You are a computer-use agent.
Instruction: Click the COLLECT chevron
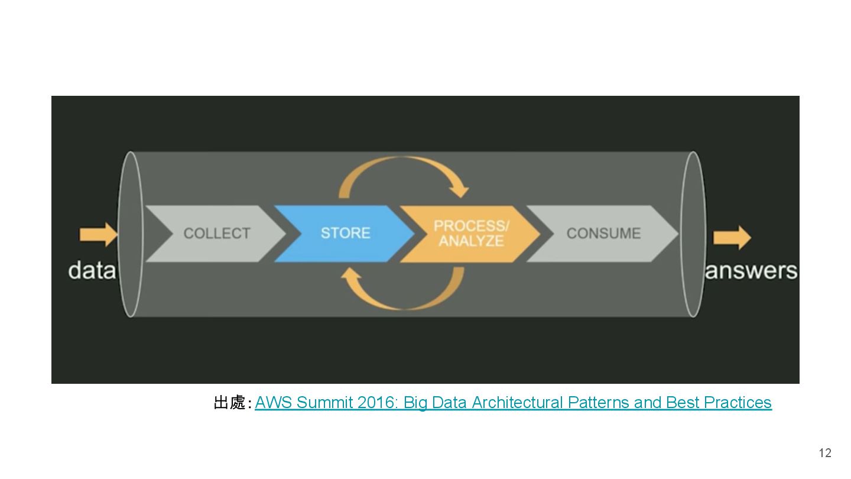pos(216,234)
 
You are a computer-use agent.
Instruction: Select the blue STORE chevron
pos(345,234)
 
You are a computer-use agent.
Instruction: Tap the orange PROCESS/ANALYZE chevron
pos(471,234)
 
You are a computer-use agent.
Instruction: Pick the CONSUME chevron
pos(603,234)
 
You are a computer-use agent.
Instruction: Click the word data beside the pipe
pos(91,271)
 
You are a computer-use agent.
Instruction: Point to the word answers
pos(751,271)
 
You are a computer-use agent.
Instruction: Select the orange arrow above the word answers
pos(732,238)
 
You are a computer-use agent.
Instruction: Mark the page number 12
pos(824,453)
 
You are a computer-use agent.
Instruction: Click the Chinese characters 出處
pos(229,403)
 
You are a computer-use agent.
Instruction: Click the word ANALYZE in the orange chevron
pos(471,241)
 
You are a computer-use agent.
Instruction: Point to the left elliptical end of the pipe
pos(131,234)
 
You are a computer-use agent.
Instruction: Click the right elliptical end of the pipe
pos(693,234)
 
